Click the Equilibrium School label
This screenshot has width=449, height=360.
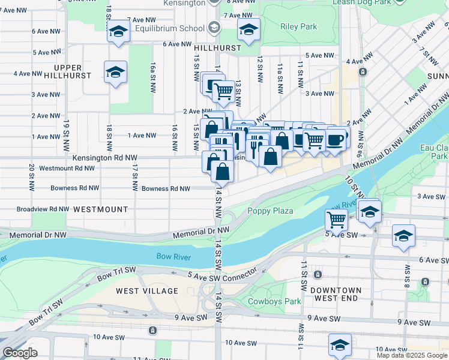click(x=169, y=28)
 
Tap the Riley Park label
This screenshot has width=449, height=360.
click(x=299, y=26)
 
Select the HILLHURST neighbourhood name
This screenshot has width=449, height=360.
click(x=217, y=47)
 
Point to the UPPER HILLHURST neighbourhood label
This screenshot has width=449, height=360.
click(x=71, y=71)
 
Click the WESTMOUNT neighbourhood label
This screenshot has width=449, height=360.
click(x=101, y=209)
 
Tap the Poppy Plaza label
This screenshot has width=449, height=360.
click(x=270, y=211)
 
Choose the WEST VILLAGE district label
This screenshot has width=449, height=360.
click(x=147, y=291)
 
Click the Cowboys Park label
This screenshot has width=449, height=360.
click(x=274, y=301)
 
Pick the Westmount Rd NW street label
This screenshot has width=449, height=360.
click(x=67, y=168)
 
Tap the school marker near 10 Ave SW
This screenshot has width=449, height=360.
click(x=340, y=344)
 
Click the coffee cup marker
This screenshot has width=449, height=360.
click(x=337, y=139)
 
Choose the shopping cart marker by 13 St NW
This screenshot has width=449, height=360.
click(x=223, y=91)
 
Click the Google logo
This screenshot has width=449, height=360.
click(x=20, y=353)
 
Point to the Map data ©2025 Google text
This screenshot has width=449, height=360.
click(x=412, y=355)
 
